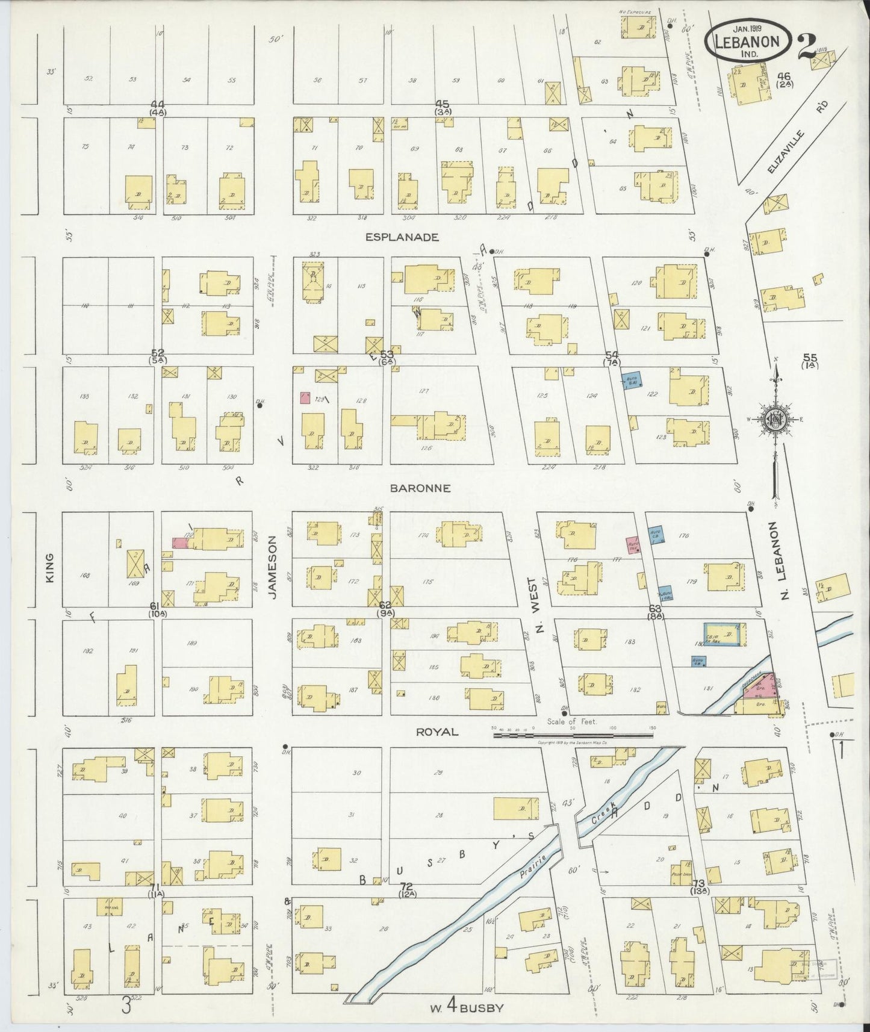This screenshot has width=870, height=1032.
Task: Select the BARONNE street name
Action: (x=420, y=488)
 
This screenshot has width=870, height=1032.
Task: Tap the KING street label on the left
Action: (x=51, y=567)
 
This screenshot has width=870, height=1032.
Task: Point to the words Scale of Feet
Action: (x=576, y=722)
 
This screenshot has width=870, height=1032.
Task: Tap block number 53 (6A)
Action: (x=387, y=355)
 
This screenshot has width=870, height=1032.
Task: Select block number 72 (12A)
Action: (x=406, y=889)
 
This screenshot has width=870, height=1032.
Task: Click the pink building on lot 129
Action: (x=305, y=398)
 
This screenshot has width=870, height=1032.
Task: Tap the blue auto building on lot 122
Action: (x=631, y=380)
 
